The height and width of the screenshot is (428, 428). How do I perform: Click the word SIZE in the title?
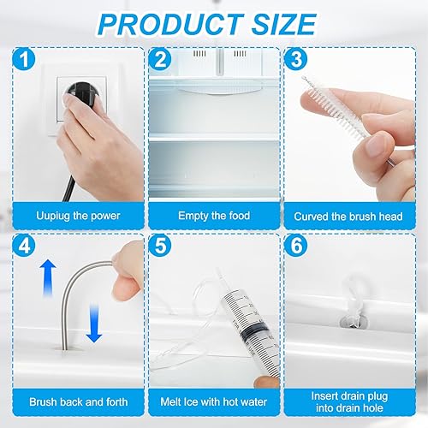283,25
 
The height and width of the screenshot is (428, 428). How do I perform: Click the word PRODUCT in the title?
170,25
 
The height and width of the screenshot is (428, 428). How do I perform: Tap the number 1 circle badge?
24,59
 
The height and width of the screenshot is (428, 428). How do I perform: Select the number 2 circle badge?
160,59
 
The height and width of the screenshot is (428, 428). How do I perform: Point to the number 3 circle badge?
296,59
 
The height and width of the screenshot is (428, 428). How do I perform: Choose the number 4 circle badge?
24,246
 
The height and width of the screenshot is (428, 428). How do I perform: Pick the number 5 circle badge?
160,246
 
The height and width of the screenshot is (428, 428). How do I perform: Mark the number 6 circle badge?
296,246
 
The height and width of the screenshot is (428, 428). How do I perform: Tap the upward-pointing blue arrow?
48,277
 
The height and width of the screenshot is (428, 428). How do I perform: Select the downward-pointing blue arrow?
94,324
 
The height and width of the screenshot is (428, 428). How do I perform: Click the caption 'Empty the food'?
214,216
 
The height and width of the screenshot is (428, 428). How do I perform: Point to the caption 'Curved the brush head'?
348,217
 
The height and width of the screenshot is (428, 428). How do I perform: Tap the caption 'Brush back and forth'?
79,402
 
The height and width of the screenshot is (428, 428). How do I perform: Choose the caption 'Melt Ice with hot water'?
214,402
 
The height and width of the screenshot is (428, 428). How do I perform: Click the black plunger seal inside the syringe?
254,330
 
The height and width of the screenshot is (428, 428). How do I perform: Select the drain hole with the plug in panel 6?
354,321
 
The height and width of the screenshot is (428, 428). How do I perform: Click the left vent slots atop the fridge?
199,53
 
